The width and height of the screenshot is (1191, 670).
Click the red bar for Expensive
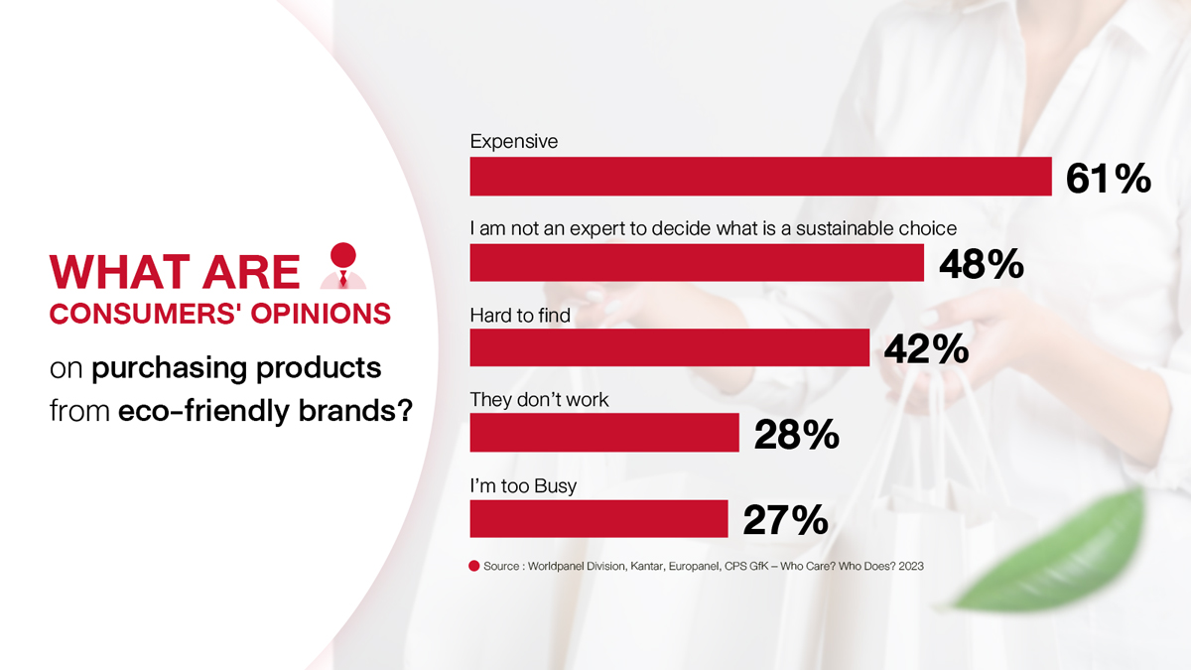760,176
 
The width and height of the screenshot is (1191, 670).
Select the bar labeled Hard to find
669,347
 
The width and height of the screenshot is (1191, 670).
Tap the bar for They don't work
604,433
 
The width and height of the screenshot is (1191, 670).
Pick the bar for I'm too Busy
598,518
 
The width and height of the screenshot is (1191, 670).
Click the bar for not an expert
697,263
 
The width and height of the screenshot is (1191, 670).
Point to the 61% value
1109,179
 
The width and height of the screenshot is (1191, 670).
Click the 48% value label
982,264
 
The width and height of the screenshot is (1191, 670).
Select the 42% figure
926,348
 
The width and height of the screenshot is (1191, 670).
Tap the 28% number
796,435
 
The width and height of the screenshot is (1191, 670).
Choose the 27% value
785,520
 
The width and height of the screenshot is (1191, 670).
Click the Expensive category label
514,141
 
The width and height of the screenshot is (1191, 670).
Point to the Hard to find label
520,316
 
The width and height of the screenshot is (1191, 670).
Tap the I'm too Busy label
523,486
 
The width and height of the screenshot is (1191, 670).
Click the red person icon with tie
343,266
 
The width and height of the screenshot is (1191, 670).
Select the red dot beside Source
473,567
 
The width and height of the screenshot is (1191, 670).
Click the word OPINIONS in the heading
321,314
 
